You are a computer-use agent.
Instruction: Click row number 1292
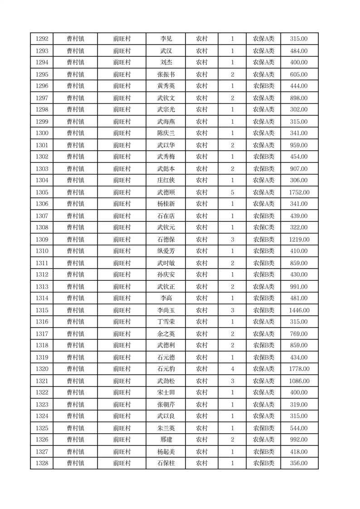[42, 39]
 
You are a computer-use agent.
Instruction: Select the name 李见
[166, 39]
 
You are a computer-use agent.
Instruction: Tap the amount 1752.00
[299, 192]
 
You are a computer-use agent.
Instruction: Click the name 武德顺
[166, 192]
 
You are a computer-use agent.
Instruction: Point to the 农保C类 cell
[263, 228]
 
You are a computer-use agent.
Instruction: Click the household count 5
[232, 192]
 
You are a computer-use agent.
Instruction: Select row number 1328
[42, 463]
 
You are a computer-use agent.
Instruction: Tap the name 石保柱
[166, 463]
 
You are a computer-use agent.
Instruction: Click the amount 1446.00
[299, 310]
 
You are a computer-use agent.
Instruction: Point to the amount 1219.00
[299, 240]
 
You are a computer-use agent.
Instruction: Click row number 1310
[42, 251]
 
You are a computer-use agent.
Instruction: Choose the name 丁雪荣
[166, 322]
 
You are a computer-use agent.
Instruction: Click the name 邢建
[166, 440]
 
